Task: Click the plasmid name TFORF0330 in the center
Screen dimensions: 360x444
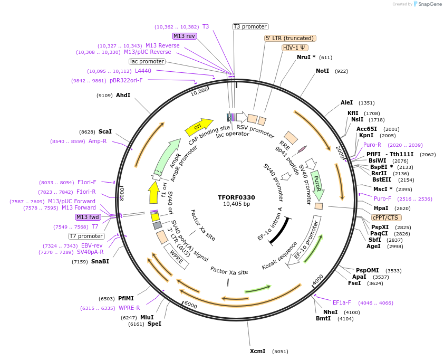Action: click(x=236, y=197)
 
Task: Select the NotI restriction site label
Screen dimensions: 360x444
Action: click(x=322, y=71)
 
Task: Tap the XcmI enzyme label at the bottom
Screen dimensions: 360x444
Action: click(x=258, y=351)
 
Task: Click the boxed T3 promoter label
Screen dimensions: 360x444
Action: click(x=250, y=27)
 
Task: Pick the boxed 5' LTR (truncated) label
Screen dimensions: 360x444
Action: click(x=290, y=38)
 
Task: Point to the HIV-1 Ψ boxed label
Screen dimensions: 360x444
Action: click(x=295, y=48)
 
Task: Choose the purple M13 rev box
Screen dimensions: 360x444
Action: click(x=185, y=36)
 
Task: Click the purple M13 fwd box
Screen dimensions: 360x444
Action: click(x=88, y=217)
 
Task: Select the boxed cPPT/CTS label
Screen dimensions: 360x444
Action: click(x=387, y=217)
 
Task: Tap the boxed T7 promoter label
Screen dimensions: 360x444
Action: click(x=86, y=236)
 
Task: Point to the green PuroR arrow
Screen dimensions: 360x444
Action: click(x=317, y=183)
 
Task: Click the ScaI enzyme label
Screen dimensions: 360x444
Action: click(x=105, y=131)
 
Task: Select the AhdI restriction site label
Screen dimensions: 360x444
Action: click(x=123, y=96)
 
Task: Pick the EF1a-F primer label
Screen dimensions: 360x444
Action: click(x=342, y=302)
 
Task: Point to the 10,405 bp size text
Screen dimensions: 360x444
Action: click(x=236, y=204)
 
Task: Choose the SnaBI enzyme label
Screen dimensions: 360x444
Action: click(x=100, y=261)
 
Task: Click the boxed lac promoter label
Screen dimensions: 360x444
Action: click(x=147, y=61)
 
